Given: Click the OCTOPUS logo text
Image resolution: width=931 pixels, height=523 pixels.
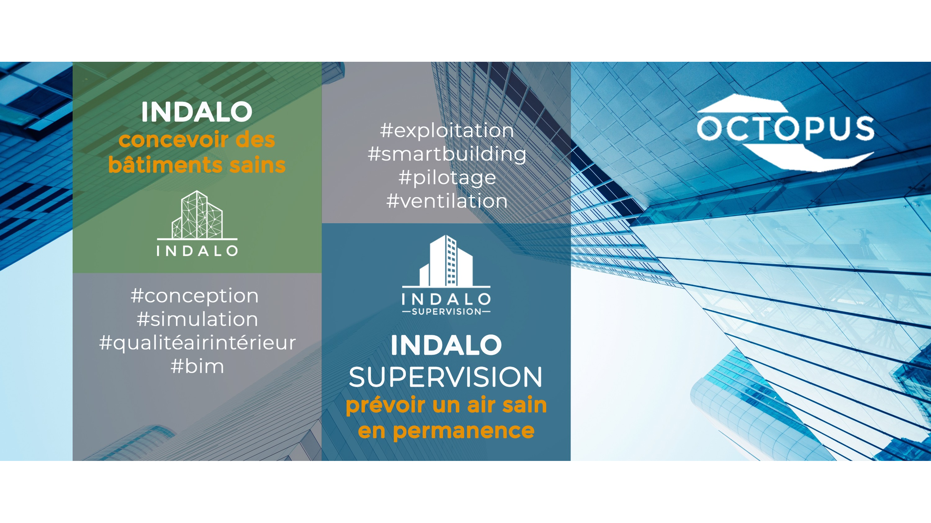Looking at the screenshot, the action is point(785,128).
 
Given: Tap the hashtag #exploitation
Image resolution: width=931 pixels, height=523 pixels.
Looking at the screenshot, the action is point(447,130).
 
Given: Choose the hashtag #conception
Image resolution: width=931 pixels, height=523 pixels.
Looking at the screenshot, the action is point(195,296).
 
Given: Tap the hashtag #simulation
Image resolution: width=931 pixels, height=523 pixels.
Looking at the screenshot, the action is point(197,319).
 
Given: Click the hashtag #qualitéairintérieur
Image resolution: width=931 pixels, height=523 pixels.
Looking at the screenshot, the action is point(197,343).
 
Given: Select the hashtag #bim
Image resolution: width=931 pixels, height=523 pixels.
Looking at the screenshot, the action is point(197,366).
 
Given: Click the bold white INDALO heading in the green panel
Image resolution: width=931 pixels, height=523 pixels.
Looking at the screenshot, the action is point(197,112).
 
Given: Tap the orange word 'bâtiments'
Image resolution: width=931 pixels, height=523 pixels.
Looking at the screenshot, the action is point(165,165).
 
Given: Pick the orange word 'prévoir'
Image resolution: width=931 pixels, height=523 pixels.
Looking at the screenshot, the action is point(386,406).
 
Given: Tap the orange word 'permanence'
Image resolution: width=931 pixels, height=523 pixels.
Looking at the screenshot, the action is point(463,431).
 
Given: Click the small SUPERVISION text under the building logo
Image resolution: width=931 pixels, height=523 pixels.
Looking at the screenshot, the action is point(446,312).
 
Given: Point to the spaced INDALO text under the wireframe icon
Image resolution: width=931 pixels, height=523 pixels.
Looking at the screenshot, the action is point(197,251).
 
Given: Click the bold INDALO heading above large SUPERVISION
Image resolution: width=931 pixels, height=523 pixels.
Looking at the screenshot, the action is point(446,345).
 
